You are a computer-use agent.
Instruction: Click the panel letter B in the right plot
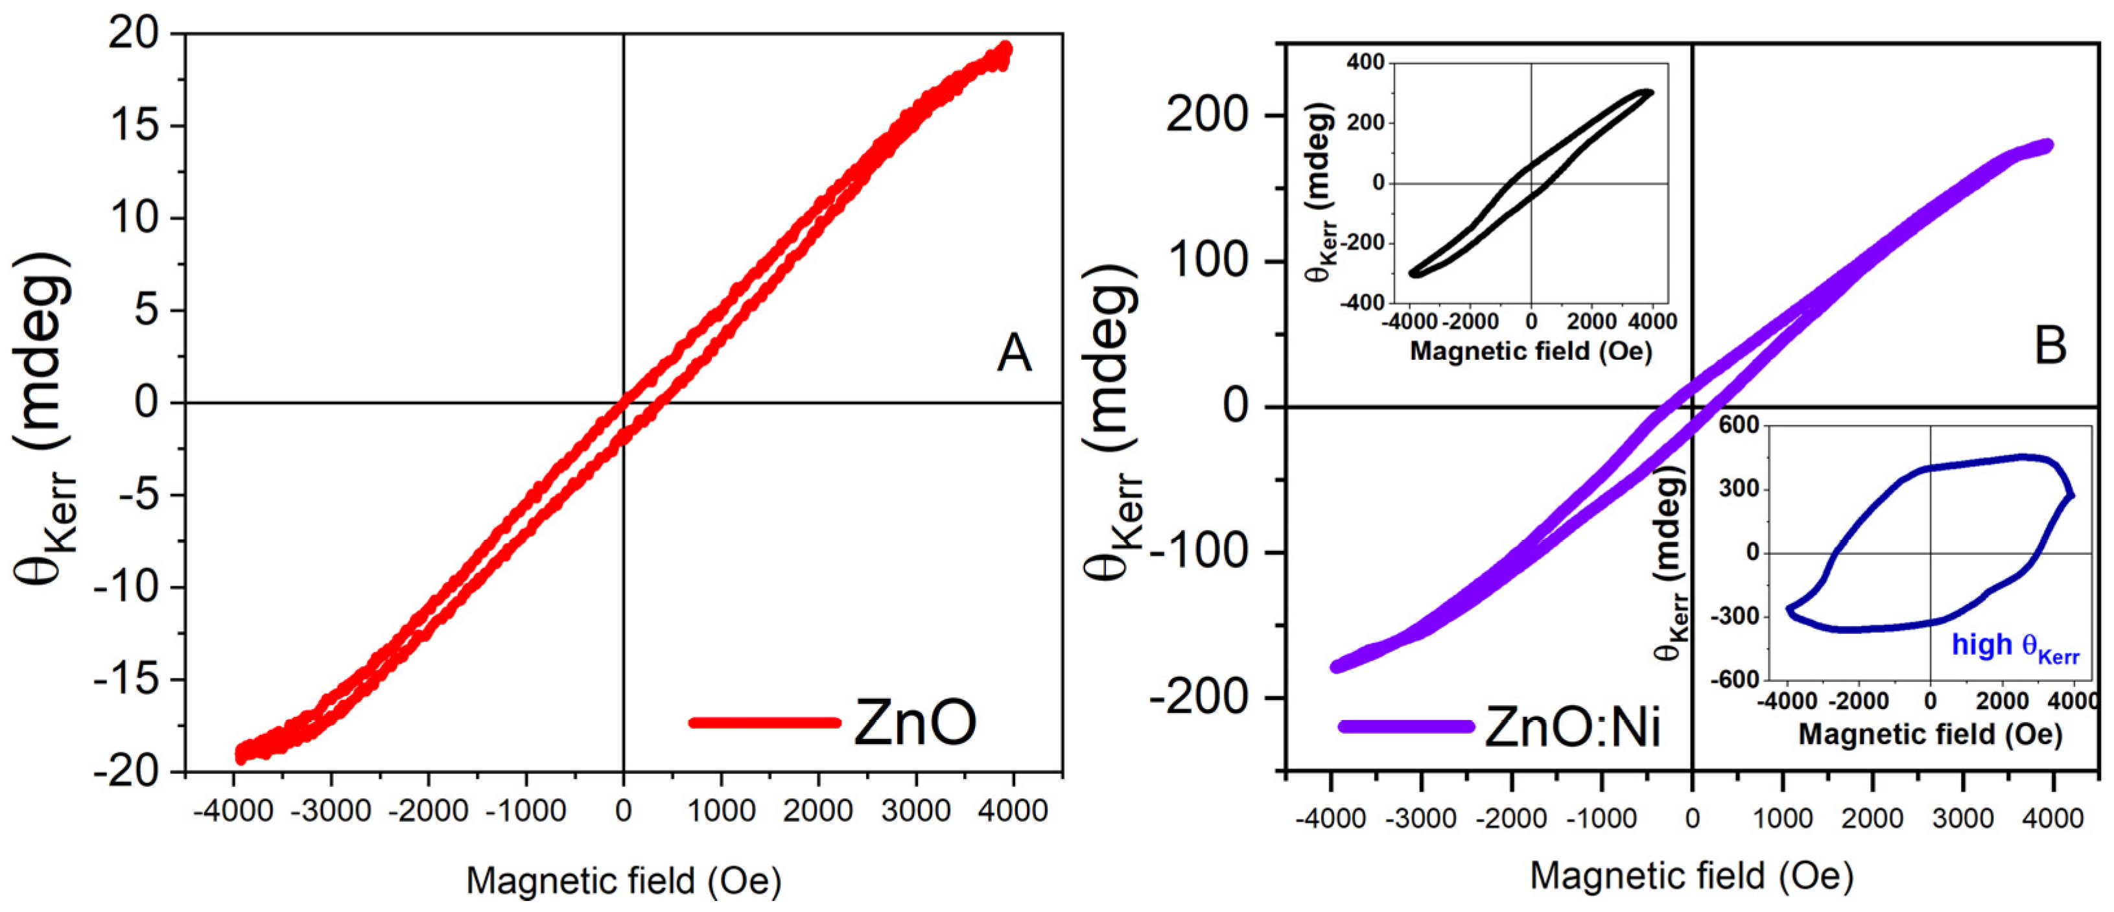[2050, 346]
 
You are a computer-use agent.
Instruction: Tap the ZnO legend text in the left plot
[914, 722]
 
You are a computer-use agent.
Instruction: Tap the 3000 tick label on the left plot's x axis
[915, 811]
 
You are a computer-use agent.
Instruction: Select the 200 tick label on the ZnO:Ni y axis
[1206, 115]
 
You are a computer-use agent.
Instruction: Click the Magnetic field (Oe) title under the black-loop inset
[1531, 351]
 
